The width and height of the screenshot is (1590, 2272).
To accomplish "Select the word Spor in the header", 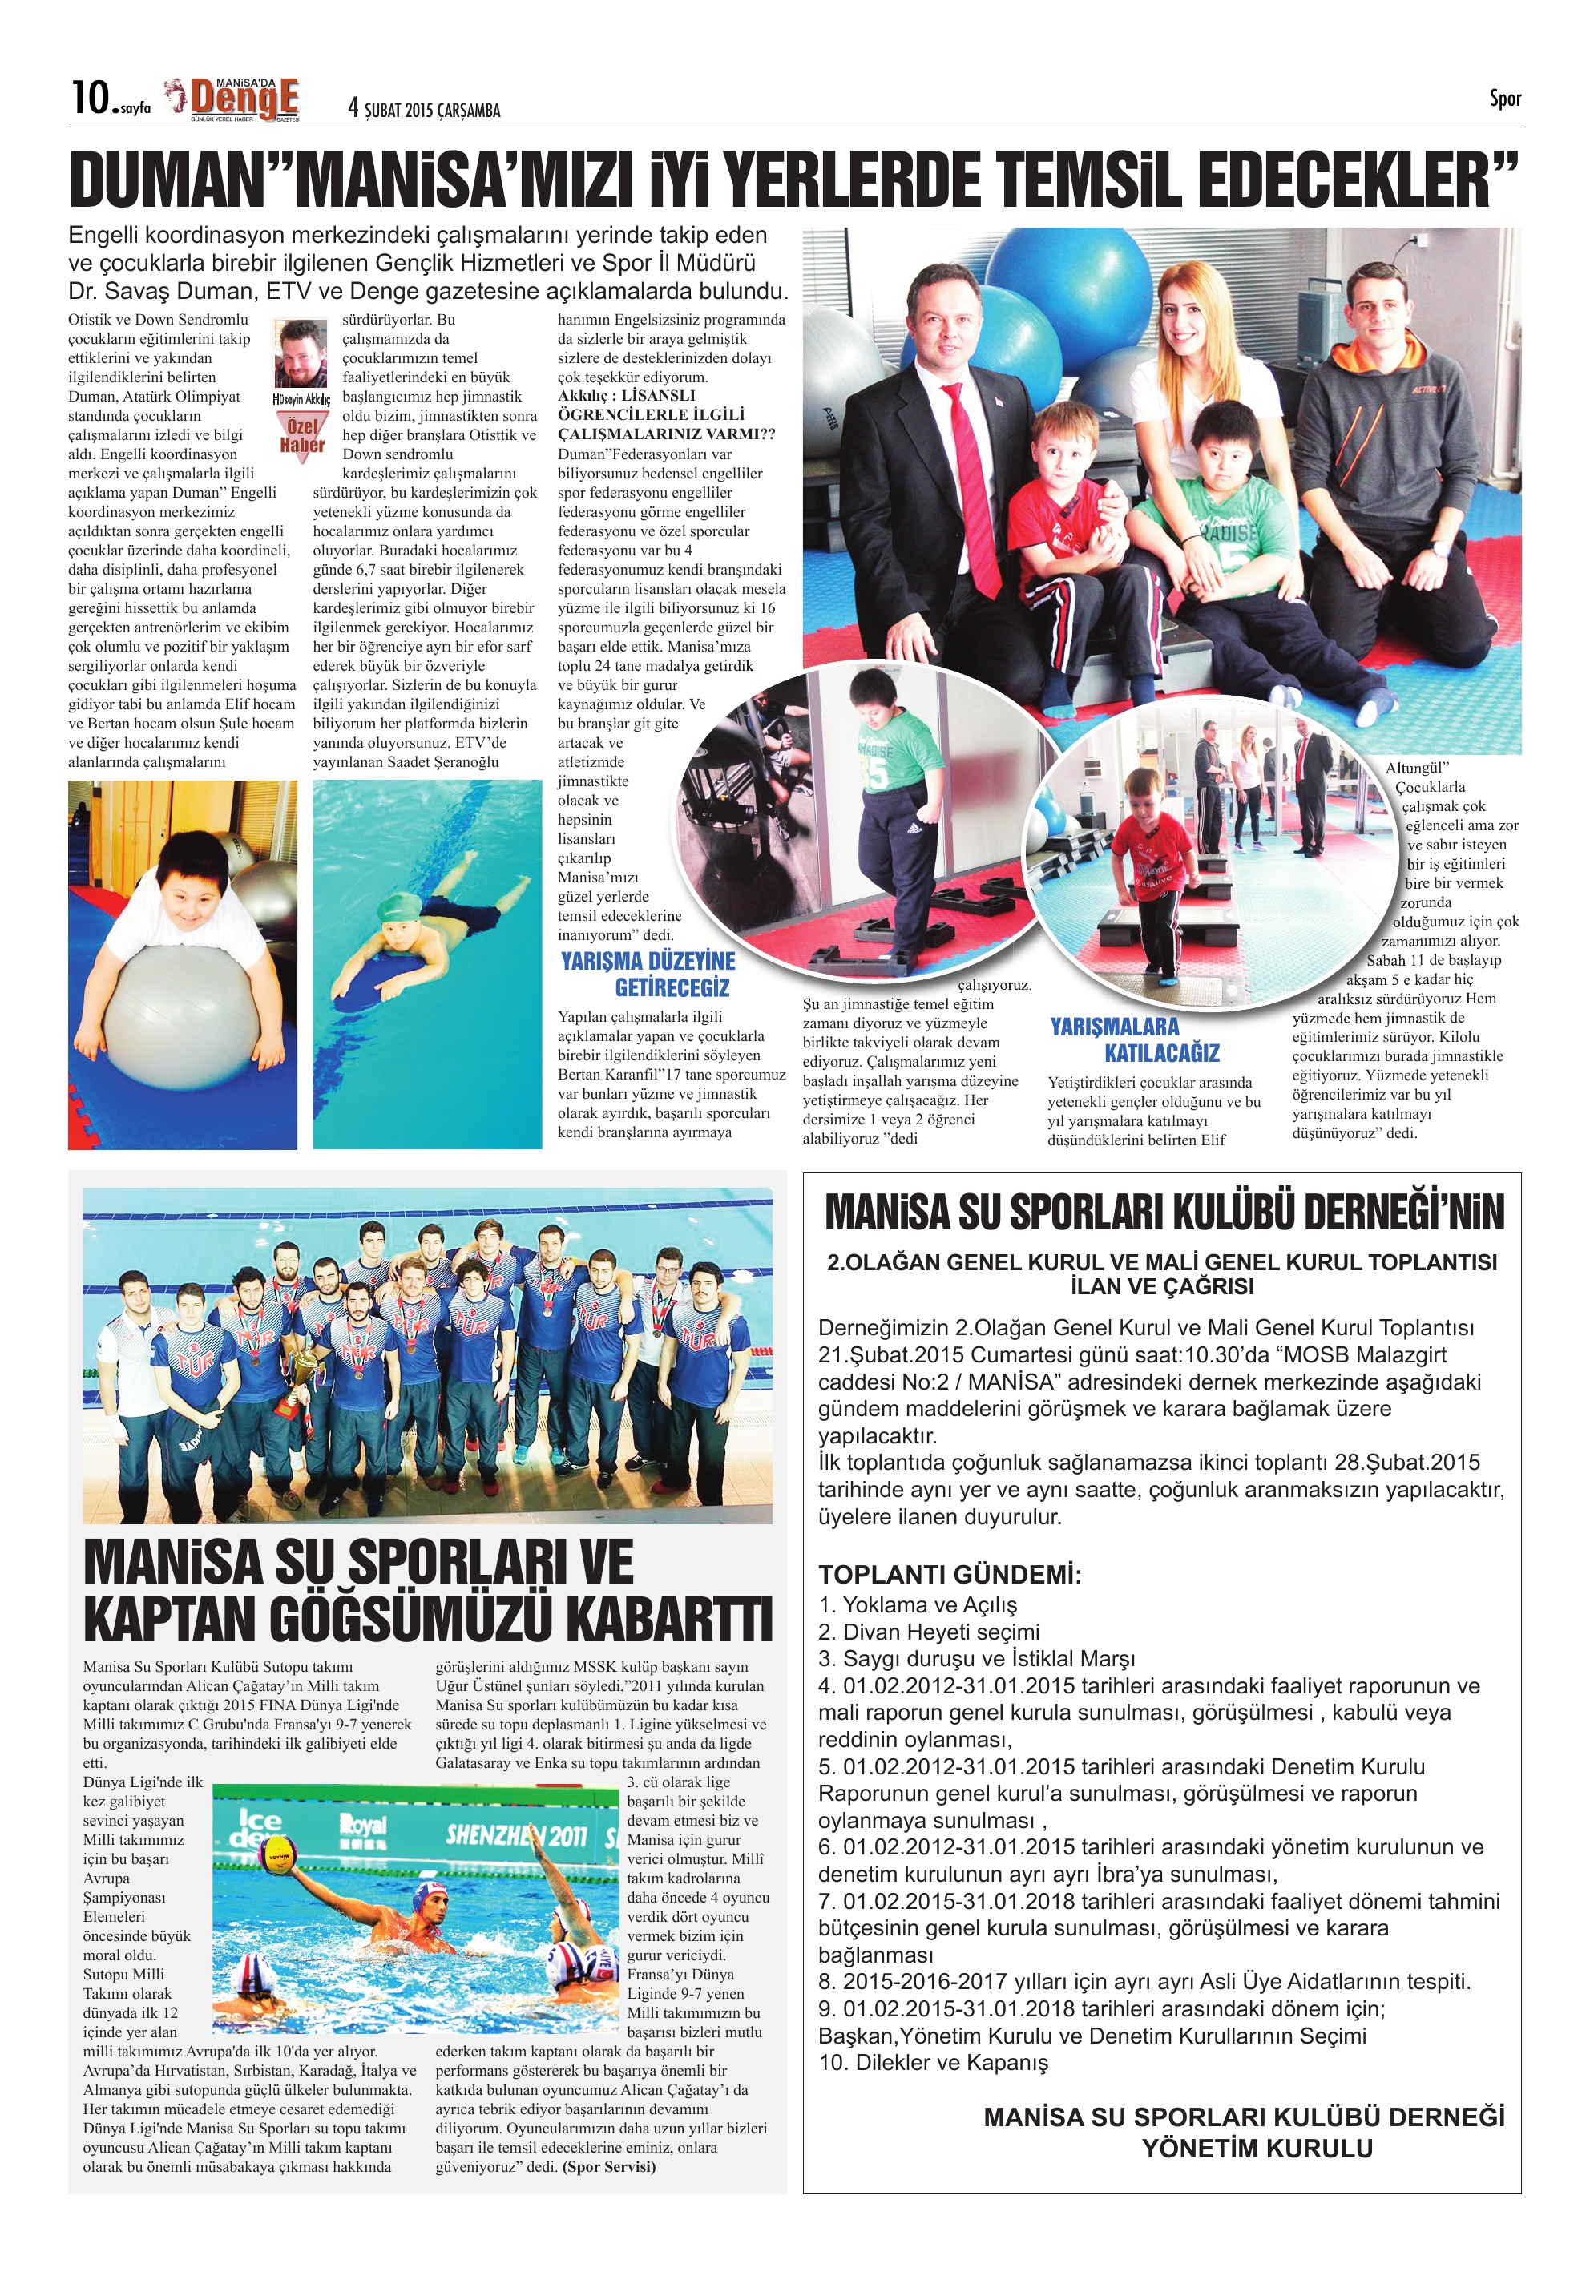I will pyautogui.click(x=1504, y=98).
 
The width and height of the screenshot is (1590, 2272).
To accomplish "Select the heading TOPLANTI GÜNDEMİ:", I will pyautogui.click(x=949, y=1574).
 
